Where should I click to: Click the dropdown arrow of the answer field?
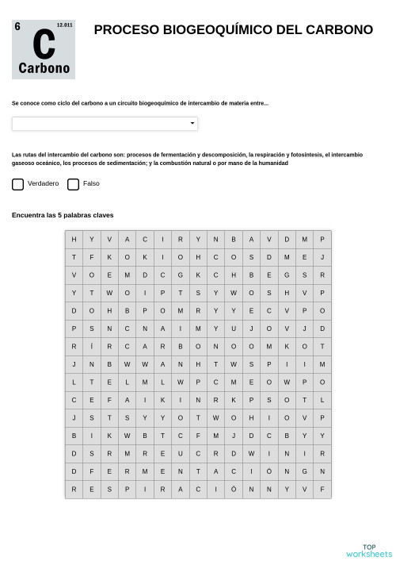[x=192, y=124]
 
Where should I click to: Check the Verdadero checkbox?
[x=18, y=184]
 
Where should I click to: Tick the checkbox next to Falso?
[x=74, y=184]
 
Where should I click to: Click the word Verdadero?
[x=43, y=184]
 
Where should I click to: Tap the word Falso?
[x=91, y=184]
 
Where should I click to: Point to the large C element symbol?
[x=44, y=45]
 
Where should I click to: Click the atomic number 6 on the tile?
[x=17, y=26]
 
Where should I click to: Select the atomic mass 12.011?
[x=64, y=25]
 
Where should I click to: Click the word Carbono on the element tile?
[x=44, y=68]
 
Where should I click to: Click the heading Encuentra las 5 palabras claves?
[x=63, y=215]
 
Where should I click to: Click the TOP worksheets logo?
[x=369, y=550]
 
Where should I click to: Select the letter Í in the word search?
[x=92, y=347]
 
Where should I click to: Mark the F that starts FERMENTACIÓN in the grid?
[x=92, y=471]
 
